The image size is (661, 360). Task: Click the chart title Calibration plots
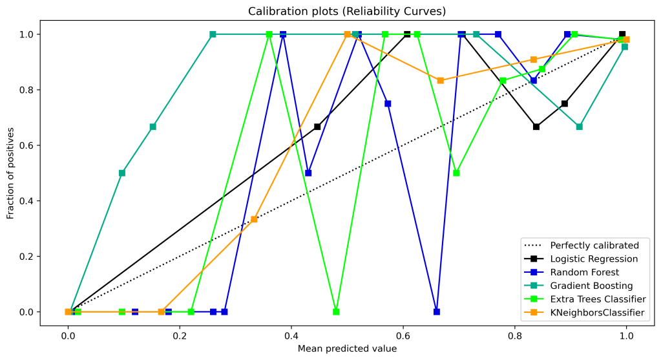pyautogui.click(x=330, y=11)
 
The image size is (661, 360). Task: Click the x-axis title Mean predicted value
pyautogui.click(x=347, y=348)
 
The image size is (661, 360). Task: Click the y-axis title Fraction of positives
pyautogui.click(x=11, y=173)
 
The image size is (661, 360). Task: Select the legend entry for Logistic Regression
pyautogui.click(x=594, y=259)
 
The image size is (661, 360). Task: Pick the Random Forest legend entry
pyautogui.click(x=584, y=272)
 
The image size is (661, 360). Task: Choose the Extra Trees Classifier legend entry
pyautogui.click(x=598, y=299)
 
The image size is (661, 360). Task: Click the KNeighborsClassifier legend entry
pyautogui.click(x=597, y=313)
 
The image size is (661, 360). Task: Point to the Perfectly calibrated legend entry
pyautogui.click(x=594, y=245)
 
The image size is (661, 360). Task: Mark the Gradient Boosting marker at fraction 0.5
pyautogui.click(x=122, y=173)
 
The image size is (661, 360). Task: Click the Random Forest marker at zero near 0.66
pyautogui.click(x=437, y=312)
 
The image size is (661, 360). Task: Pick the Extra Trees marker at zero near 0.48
pyautogui.click(x=336, y=312)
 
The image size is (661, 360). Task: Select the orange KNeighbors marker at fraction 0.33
pyautogui.click(x=254, y=219)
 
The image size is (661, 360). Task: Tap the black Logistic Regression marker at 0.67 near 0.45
pyautogui.click(x=317, y=127)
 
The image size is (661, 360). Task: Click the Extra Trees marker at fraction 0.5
pyautogui.click(x=457, y=173)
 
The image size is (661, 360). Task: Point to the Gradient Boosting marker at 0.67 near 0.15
pyautogui.click(x=152, y=127)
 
